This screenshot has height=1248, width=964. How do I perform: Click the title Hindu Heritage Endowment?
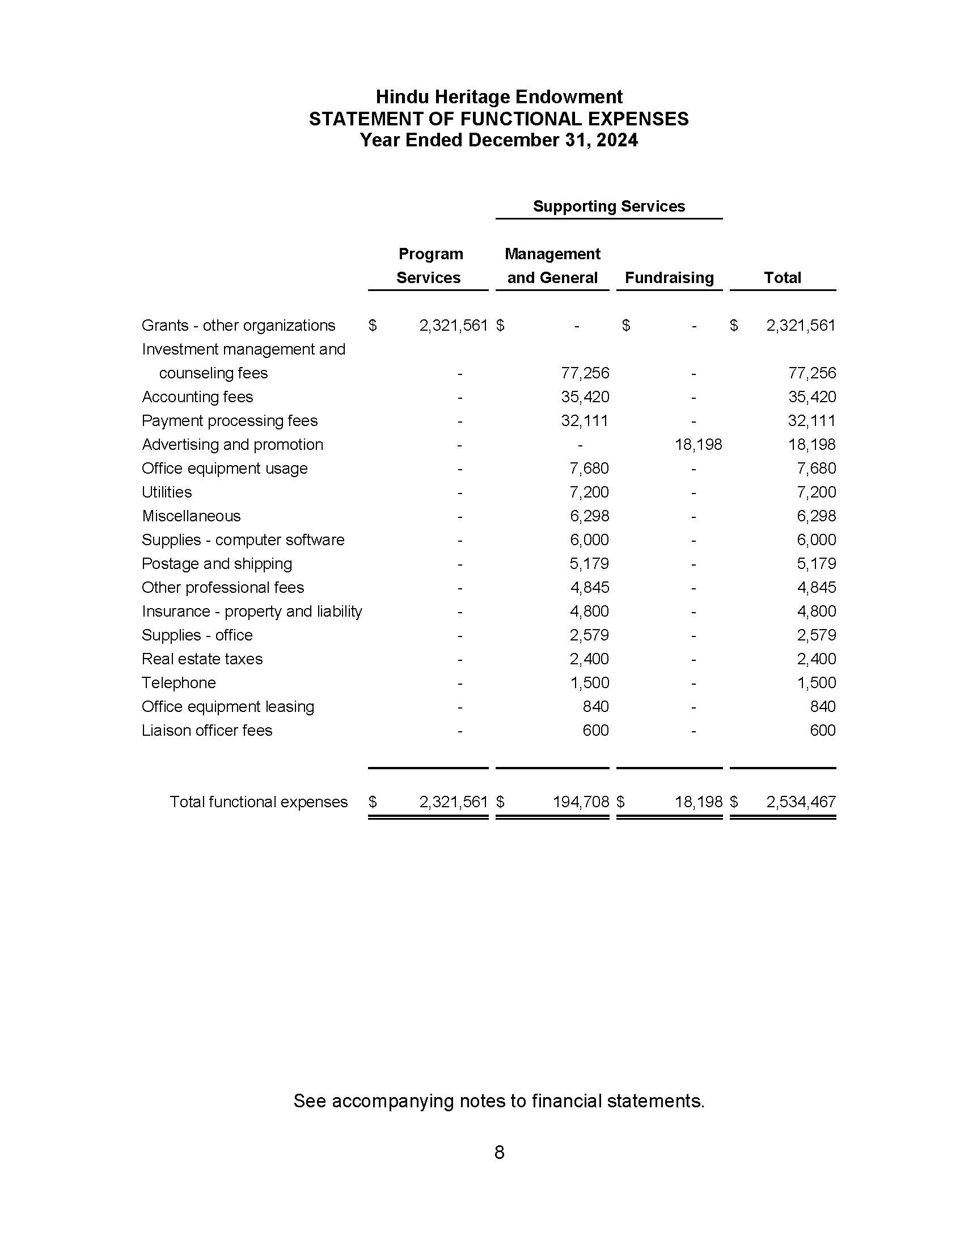tap(498, 96)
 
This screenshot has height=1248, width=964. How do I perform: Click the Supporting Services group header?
tap(608, 206)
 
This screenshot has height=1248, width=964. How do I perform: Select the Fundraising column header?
tap(669, 278)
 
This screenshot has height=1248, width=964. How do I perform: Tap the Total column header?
tap(782, 278)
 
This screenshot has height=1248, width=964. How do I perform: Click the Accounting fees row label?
tap(197, 397)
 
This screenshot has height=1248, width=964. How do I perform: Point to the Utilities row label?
tap(167, 492)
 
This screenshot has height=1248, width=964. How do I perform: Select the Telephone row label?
tap(179, 683)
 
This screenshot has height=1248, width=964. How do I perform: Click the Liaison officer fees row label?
tap(207, 730)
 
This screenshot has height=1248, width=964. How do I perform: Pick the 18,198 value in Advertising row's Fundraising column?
tap(698, 445)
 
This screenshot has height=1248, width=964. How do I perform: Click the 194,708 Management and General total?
tap(581, 802)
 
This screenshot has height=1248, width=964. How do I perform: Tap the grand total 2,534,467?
tap(801, 802)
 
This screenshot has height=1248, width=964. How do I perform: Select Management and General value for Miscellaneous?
tap(589, 516)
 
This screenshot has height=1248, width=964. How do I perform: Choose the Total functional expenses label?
tap(258, 802)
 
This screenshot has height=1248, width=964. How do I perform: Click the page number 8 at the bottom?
tap(499, 1153)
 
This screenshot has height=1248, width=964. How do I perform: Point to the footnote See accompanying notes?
tap(498, 1101)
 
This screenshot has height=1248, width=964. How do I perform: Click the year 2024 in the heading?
tap(617, 140)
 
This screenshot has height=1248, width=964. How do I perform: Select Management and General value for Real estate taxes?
tap(589, 659)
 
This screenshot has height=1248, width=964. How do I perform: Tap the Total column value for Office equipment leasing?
tap(822, 706)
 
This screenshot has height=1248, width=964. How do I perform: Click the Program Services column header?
tap(429, 265)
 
